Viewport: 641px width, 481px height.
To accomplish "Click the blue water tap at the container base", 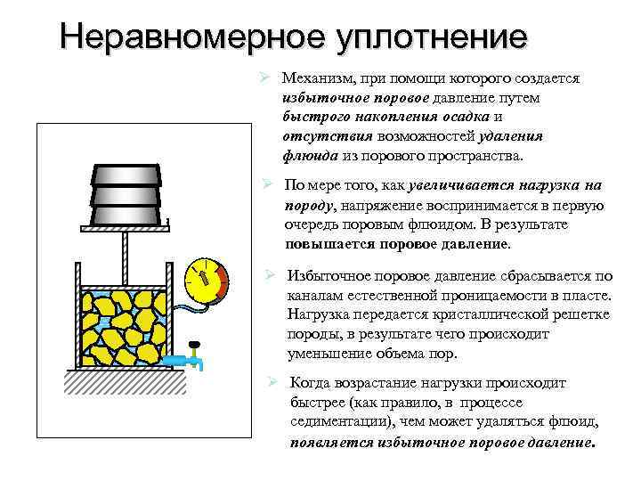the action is click(x=192, y=362).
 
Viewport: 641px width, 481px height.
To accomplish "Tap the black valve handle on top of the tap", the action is click(x=195, y=346).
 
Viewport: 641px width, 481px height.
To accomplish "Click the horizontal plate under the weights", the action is click(x=125, y=228).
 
